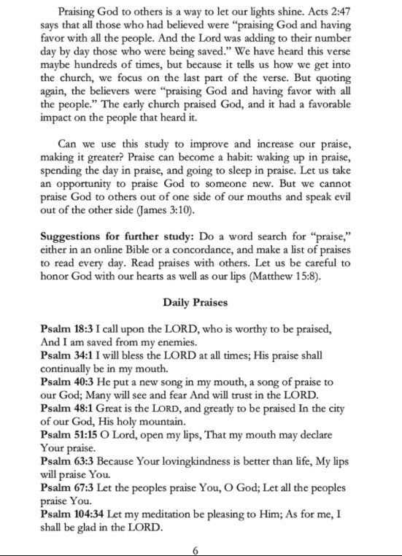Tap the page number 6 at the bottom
[x=196, y=549]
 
